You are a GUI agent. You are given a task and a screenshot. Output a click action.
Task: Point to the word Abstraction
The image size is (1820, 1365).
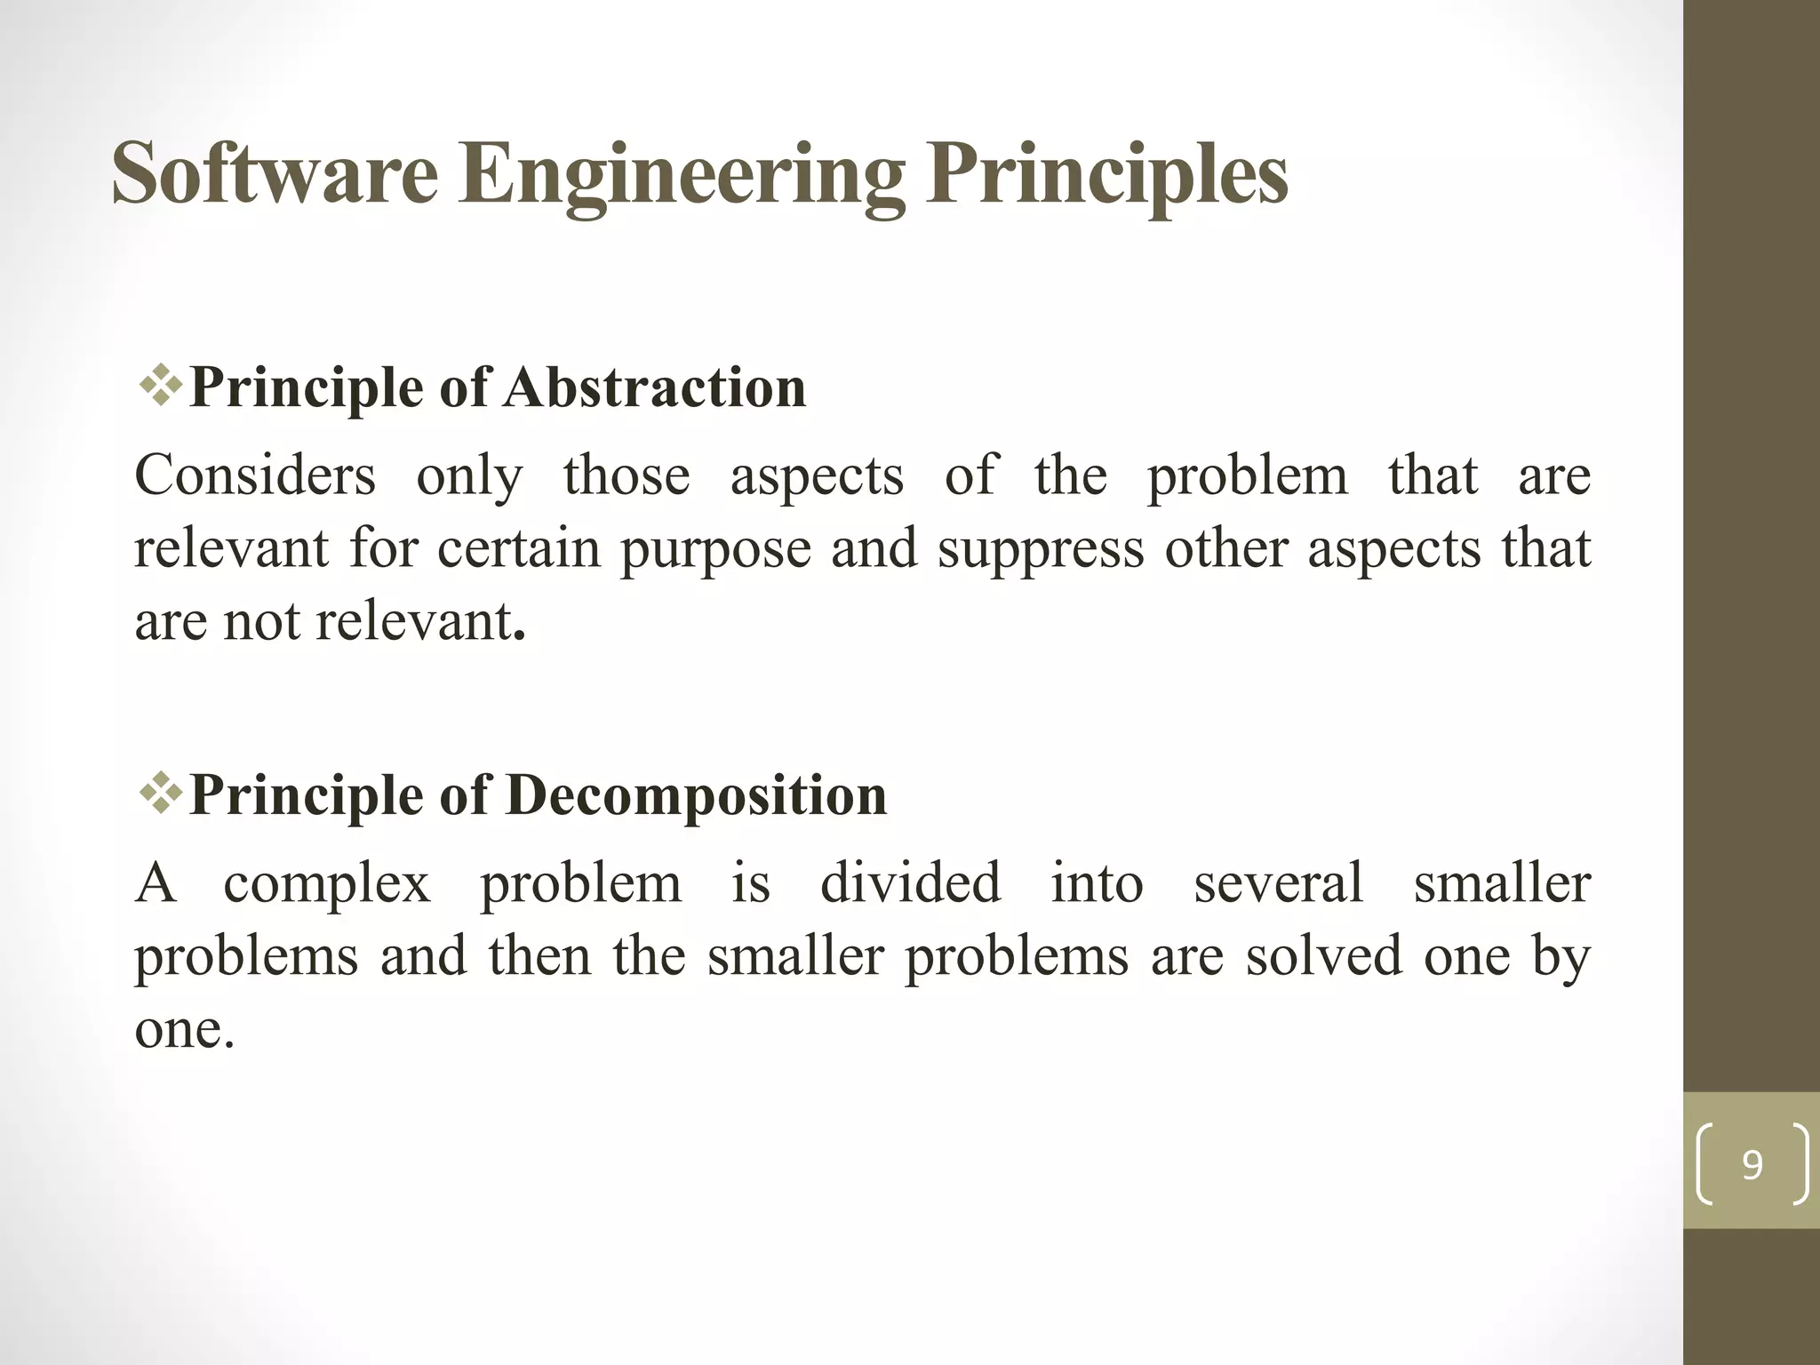[655, 387]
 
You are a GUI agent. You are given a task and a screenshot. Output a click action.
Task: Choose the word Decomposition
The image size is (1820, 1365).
[697, 795]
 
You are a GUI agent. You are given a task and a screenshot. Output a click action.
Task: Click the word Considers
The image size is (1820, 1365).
[255, 475]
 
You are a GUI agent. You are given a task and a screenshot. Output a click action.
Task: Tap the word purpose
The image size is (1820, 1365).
[715, 550]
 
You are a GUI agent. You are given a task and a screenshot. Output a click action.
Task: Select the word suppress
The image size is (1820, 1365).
[1041, 550]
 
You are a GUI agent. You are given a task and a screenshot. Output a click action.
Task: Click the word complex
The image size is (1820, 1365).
[327, 885]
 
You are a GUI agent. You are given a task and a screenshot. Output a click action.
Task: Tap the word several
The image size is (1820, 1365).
[1278, 883]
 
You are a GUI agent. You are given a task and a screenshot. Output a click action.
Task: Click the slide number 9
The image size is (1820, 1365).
[1752, 1164]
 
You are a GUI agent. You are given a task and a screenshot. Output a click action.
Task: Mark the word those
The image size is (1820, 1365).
[627, 475]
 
